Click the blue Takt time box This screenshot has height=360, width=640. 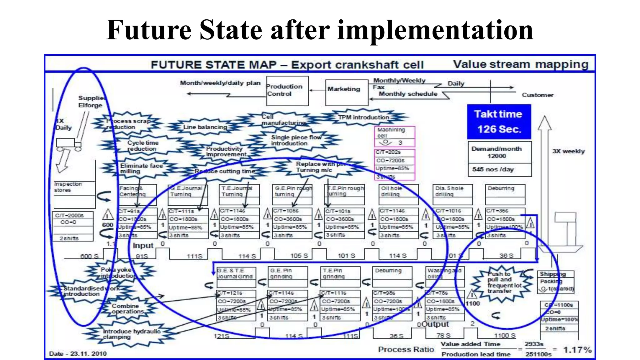[x=499, y=122]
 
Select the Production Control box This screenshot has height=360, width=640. [x=287, y=91]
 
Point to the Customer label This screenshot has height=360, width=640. [x=537, y=95]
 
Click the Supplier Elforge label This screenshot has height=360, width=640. [x=91, y=102]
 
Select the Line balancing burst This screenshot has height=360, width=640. [x=205, y=127]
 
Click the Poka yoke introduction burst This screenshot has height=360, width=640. [x=119, y=273]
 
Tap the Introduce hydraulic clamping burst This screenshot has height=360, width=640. [x=131, y=334]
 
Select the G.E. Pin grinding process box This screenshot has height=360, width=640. [x=287, y=277]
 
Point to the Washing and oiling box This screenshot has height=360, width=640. [x=444, y=276]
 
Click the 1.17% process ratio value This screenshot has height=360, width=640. [x=577, y=350]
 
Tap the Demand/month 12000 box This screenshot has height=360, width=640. [x=499, y=152]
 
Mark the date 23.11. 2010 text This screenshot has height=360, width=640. [x=78, y=354]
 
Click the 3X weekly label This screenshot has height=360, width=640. [x=568, y=151]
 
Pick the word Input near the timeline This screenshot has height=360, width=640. [x=143, y=246]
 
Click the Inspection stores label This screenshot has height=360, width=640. [x=68, y=187]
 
